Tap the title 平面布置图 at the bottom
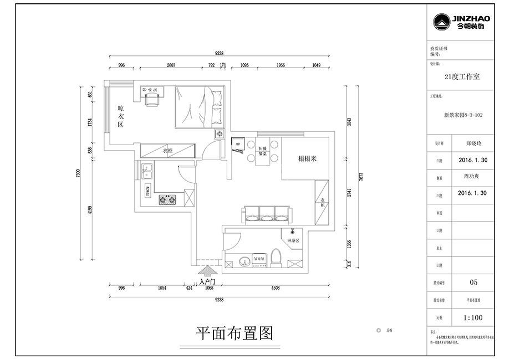coord(235,332)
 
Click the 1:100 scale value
coord(473,318)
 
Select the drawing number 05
coord(473,282)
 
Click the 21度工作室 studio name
coord(462,77)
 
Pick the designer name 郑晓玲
coord(473,142)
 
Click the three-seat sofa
coord(266,214)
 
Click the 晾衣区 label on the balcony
coord(120,116)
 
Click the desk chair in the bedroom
coord(150,99)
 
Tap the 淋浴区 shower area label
coord(293,241)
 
